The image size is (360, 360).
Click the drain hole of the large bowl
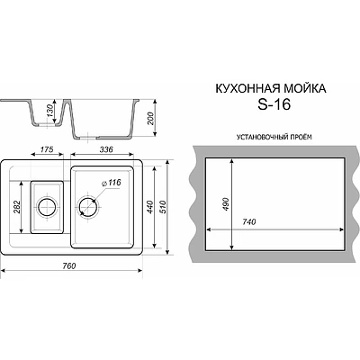point(90,208)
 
